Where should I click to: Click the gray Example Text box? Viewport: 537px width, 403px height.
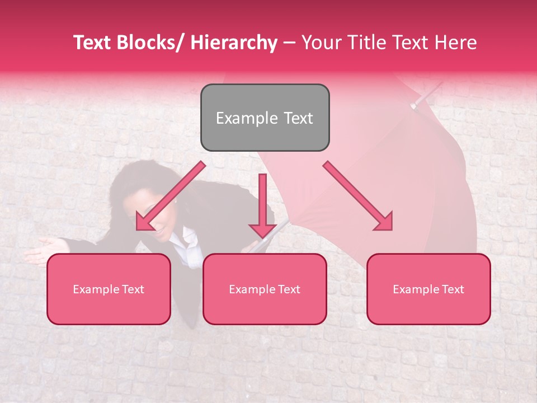coord(265,118)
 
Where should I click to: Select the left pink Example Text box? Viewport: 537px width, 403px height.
coord(109,289)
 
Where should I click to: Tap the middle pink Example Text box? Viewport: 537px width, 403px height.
coord(265,289)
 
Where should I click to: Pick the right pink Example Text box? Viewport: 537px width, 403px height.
coord(428,289)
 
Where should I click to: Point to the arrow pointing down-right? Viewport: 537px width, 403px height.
coord(359,196)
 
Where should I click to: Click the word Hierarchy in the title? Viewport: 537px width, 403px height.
coord(234,43)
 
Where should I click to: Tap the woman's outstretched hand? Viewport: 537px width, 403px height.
coord(45,246)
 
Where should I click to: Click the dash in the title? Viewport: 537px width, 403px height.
coord(289,43)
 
